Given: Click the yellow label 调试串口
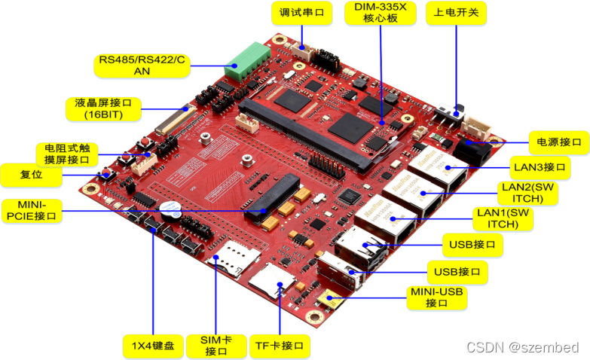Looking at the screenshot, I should click(x=301, y=13).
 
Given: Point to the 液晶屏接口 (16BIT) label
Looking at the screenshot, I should click(x=104, y=108).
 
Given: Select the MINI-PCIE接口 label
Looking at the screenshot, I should click(x=31, y=210).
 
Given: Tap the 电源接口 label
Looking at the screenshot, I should click(x=558, y=142).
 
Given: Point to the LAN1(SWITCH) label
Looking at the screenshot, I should click(x=506, y=218).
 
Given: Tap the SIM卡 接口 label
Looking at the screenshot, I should click(x=216, y=346).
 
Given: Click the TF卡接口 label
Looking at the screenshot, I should click(x=280, y=346).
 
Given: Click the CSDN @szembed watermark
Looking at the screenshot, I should click(x=523, y=347).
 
